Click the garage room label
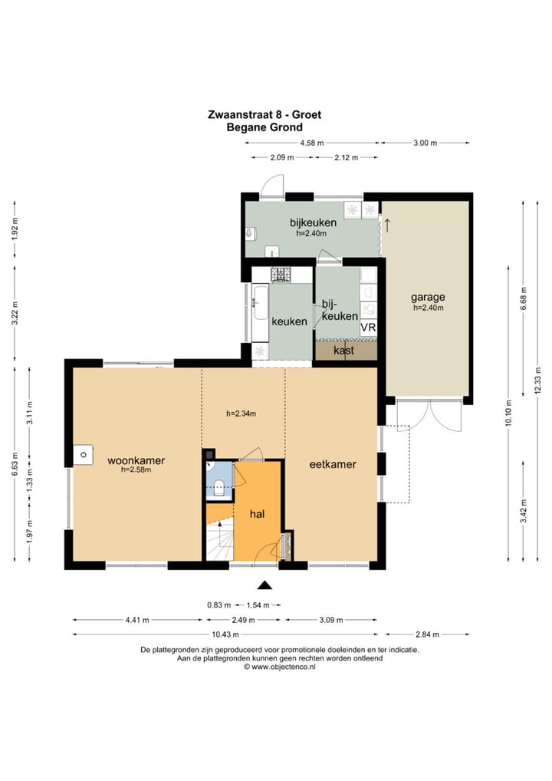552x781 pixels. (x=428, y=298)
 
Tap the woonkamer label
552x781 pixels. (x=136, y=461)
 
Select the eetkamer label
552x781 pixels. (x=333, y=464)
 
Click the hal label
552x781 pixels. (x=257, y=514)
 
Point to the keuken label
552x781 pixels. (x=289, y=321)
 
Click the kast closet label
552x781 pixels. (x=344, y=350)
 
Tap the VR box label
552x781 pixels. (x=368, y=328)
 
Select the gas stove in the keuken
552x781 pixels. (x=281, y=274)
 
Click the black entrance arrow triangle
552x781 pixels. (x=264, y=585)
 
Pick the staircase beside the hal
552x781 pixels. (x=220, y=538)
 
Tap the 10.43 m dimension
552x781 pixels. (x=225, y=634)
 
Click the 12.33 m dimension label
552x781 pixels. (x=537, y=381)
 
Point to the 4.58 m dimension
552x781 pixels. (x=311, y=143)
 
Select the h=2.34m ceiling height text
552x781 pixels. (x=241, y=414)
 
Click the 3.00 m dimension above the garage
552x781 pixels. (x=425, y=143)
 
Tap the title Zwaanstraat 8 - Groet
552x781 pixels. (x=264, y=114)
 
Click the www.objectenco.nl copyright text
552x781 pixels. (x=279, y=667)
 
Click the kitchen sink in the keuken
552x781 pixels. (x=261, y=302)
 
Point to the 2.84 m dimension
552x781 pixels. (x=427, y=634)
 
